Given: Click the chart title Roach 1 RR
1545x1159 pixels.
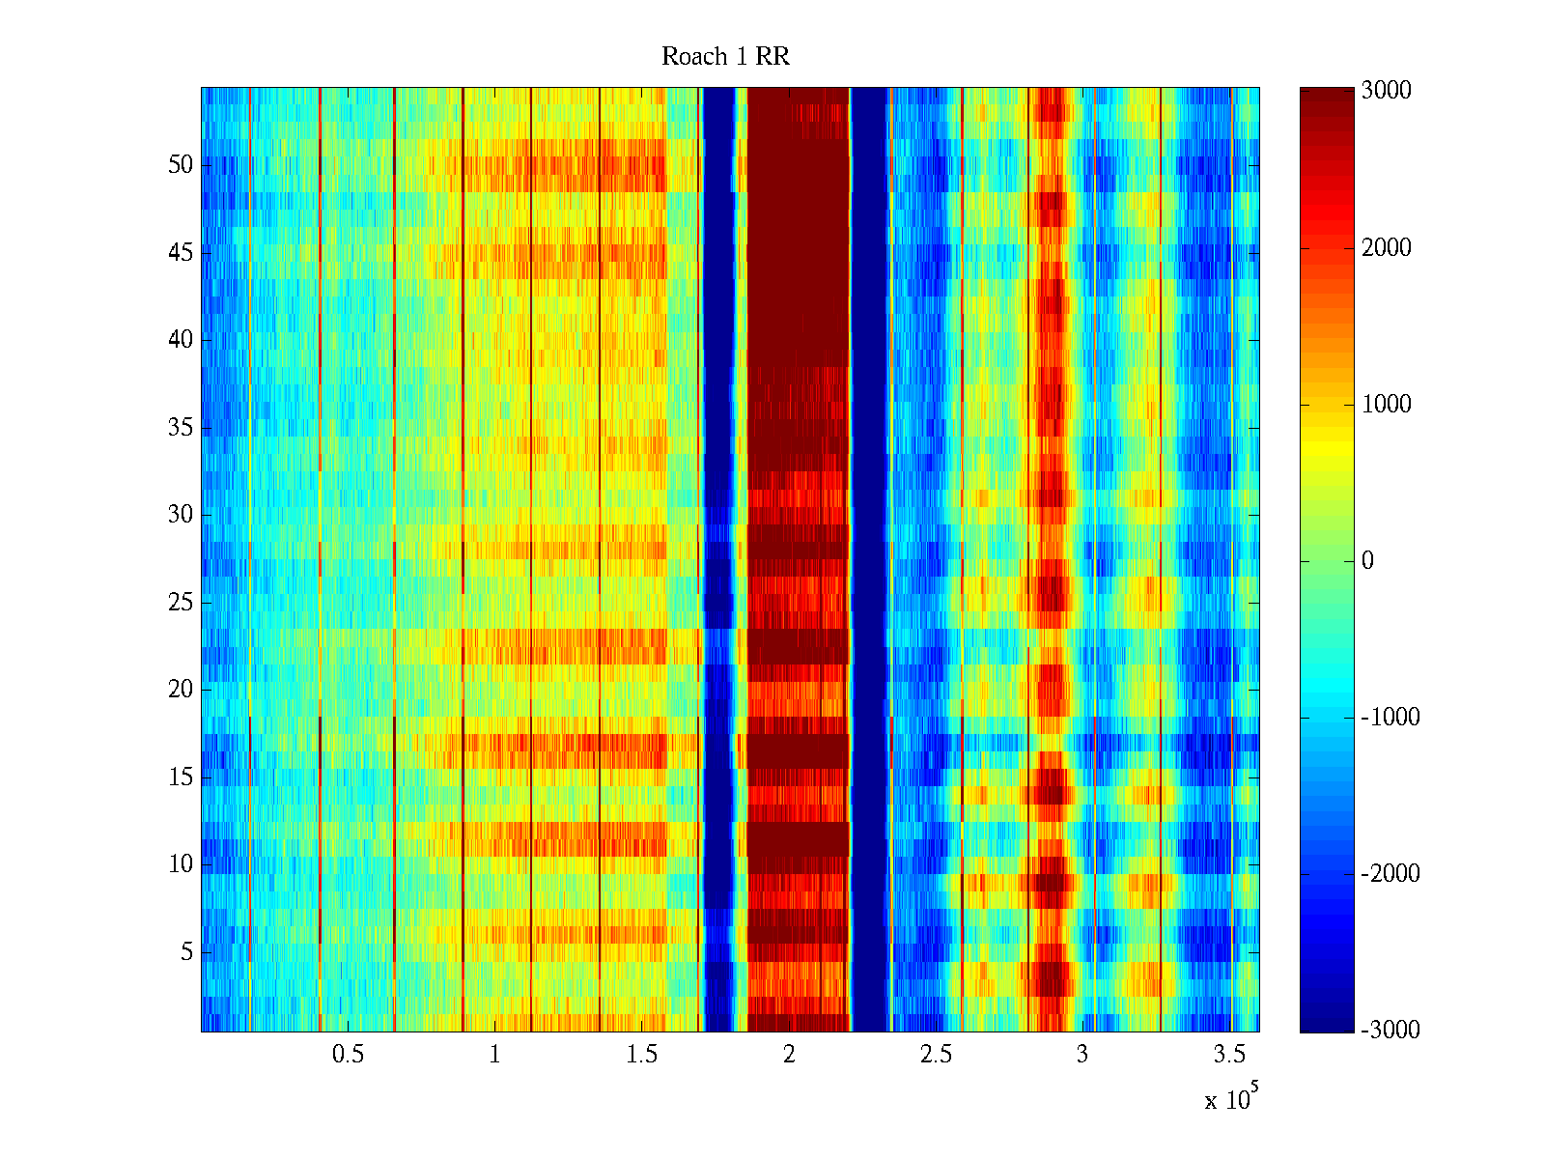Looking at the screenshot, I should click(x=725, y=57).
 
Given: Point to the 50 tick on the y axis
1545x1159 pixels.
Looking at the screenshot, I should click(x=181, y=165).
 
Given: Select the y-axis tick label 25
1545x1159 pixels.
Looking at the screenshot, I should click(x=181, y=603).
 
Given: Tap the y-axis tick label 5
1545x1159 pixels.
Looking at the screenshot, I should click(x=186, y=952).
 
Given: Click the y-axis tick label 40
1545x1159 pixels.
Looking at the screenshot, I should click(x=181, y=340).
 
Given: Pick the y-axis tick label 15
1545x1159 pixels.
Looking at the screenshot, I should click(x=181, y=777).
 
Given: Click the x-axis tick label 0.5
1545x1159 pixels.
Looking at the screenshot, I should click(x=348, y=1055).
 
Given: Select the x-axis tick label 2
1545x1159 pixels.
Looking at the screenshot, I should click(x=789, y=1055).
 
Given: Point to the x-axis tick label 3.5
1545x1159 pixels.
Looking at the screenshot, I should click(x=1229, y=1055).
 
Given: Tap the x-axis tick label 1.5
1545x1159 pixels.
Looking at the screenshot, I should click(x=641, y=1055).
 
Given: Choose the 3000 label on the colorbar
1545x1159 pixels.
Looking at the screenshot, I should click(x=1387, y=91).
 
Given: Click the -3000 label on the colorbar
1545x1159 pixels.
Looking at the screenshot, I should click(x=1390, y=1031).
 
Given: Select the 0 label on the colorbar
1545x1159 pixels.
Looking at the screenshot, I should click(x=1367, y=561).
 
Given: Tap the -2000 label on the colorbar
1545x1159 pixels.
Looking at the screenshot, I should click(x=1390, y=874).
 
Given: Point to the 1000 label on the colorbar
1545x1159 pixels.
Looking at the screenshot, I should click(x=1387, y=405).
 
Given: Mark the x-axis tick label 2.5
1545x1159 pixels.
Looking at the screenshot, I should click(x=936, y=1055).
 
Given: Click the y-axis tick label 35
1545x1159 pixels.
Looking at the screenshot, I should click(x=181, y=428).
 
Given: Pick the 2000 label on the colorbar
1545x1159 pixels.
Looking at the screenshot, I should click(x=1387, y=248).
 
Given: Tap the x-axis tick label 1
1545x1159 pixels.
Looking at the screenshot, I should click(x=494, y=1055).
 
